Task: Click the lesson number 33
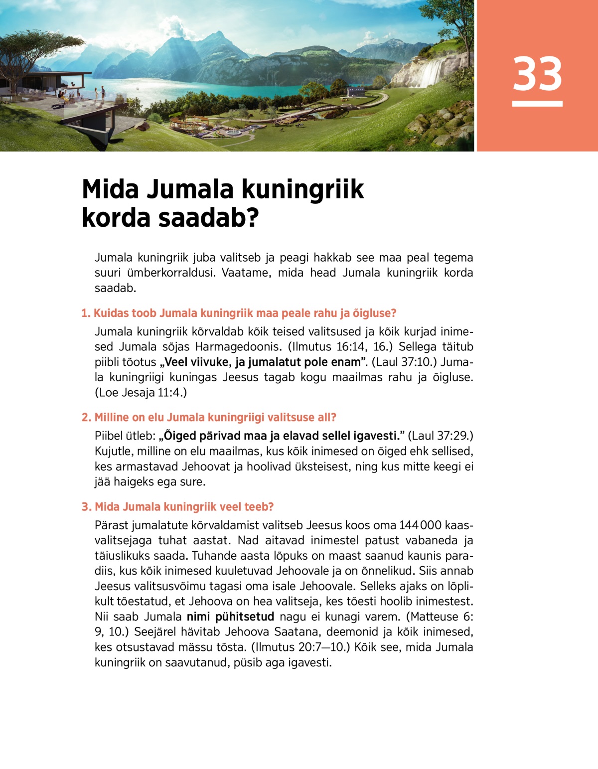coord(537,74)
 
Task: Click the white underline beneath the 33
coord(537,104)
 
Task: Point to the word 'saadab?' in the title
coord(209,218)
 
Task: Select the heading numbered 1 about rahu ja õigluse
coord(239,313)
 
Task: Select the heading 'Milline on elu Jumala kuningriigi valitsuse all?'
coord(209,417)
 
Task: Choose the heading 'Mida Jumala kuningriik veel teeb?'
coord(177,506)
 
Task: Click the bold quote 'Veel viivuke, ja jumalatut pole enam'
coord(262,362)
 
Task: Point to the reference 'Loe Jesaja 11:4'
coord(141,392)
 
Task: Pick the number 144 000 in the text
coord(420,525)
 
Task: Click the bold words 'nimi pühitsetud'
coord(230,616)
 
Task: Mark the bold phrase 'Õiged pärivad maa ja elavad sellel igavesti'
coord(282,436)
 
